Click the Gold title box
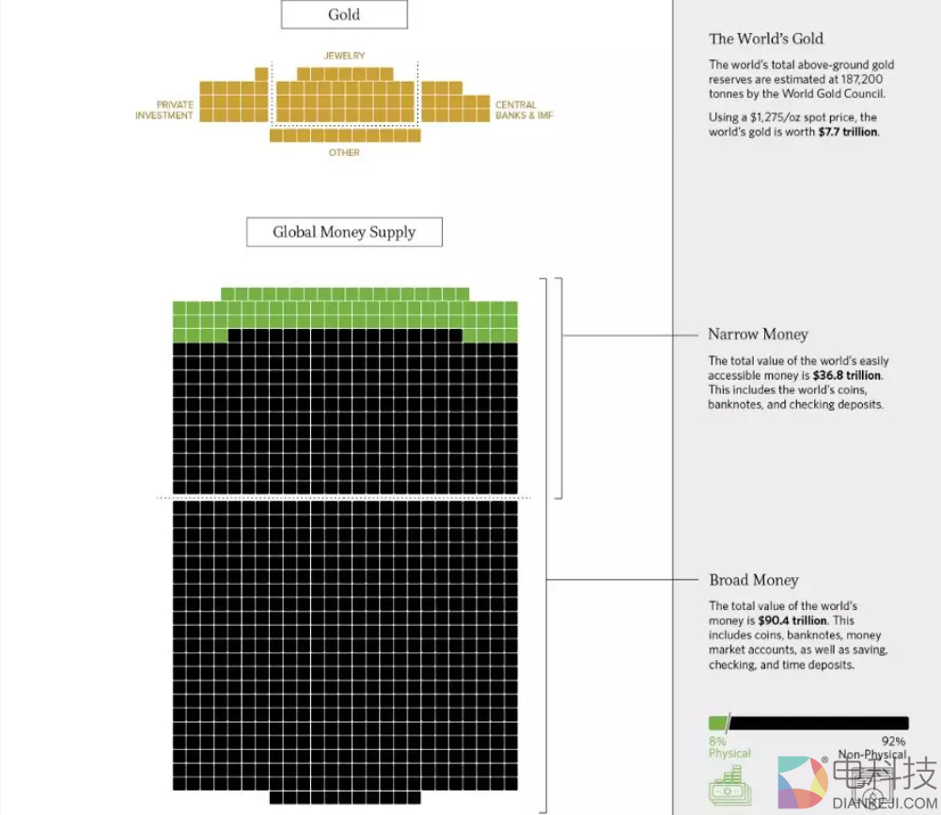tap(344, 15)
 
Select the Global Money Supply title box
tap(344, 232)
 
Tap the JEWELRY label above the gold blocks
tap(344, 56)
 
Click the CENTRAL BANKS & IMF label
tap(524, 110)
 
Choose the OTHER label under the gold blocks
tap(344, 152)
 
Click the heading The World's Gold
tap(766, 39)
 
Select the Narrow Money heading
tap(758, 335)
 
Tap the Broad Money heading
tap(754, 580)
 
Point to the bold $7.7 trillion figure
tap(848, 133)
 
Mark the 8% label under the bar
tap(717, 741)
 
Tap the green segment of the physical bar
tap(717, 723)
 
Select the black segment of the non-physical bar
tap(818, 723)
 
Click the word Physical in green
tap(730, 753)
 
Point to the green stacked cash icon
tap(727, 785)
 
